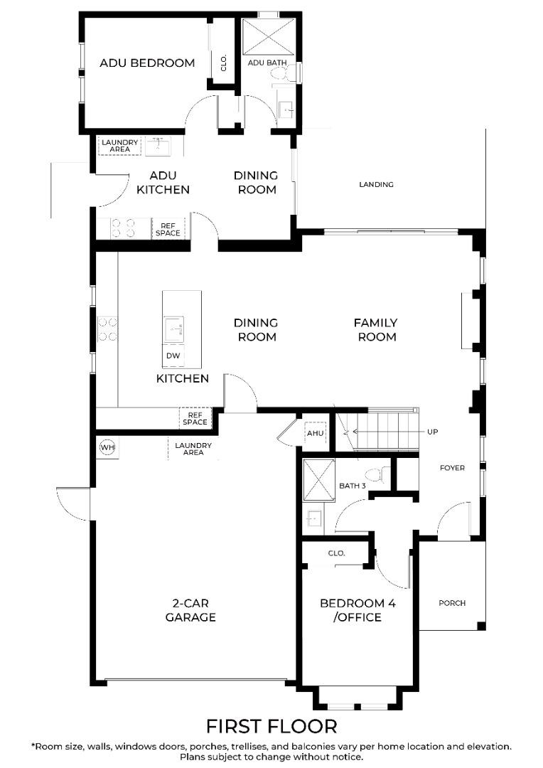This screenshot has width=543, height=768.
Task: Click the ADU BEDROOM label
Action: coord(147,63)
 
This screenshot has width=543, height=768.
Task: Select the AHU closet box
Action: coord(315,433)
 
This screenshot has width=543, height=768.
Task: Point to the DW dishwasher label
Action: coord(173,356)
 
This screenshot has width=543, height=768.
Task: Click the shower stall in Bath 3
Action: coord(318,480)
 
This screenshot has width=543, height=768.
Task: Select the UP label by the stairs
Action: coord(432,432)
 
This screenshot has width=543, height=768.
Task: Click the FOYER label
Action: coord(452,468)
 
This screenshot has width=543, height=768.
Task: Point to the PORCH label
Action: coord(452,603)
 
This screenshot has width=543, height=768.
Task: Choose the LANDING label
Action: coord(376,184)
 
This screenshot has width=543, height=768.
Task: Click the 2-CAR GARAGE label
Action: coord(190,610)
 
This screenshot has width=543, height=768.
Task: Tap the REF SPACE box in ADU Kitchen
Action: coord(168,229)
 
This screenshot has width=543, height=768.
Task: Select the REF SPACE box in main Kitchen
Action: coord(195,418)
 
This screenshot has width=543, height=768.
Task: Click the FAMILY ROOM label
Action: coord(375,330)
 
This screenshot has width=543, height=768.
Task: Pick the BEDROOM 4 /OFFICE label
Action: coord(357,610)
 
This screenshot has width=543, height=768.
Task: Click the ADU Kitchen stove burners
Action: coord(124,228)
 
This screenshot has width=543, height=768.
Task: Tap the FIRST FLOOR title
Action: coord(271,726)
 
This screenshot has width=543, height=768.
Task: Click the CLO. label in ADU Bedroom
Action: coord(224,63)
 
